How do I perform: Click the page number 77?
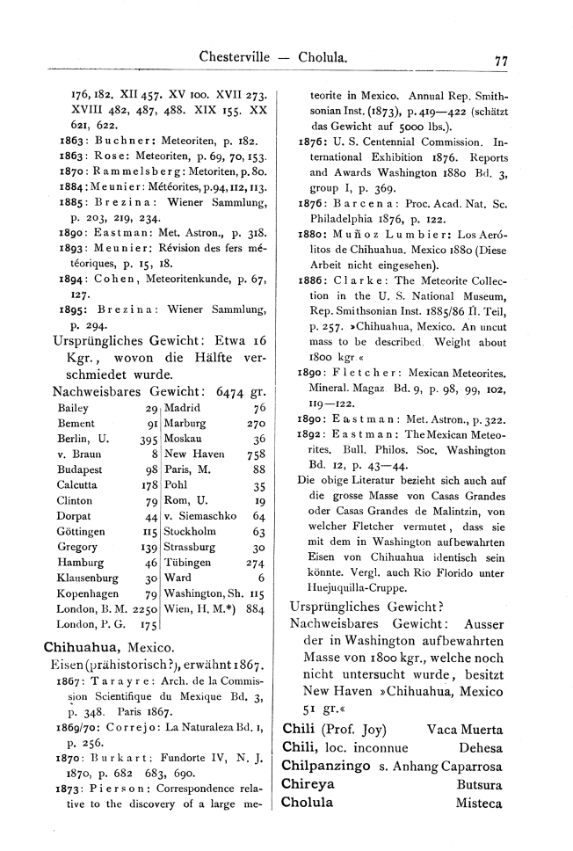(502, 61)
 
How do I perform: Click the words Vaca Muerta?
(464, 729)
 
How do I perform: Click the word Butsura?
(475, 783)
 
